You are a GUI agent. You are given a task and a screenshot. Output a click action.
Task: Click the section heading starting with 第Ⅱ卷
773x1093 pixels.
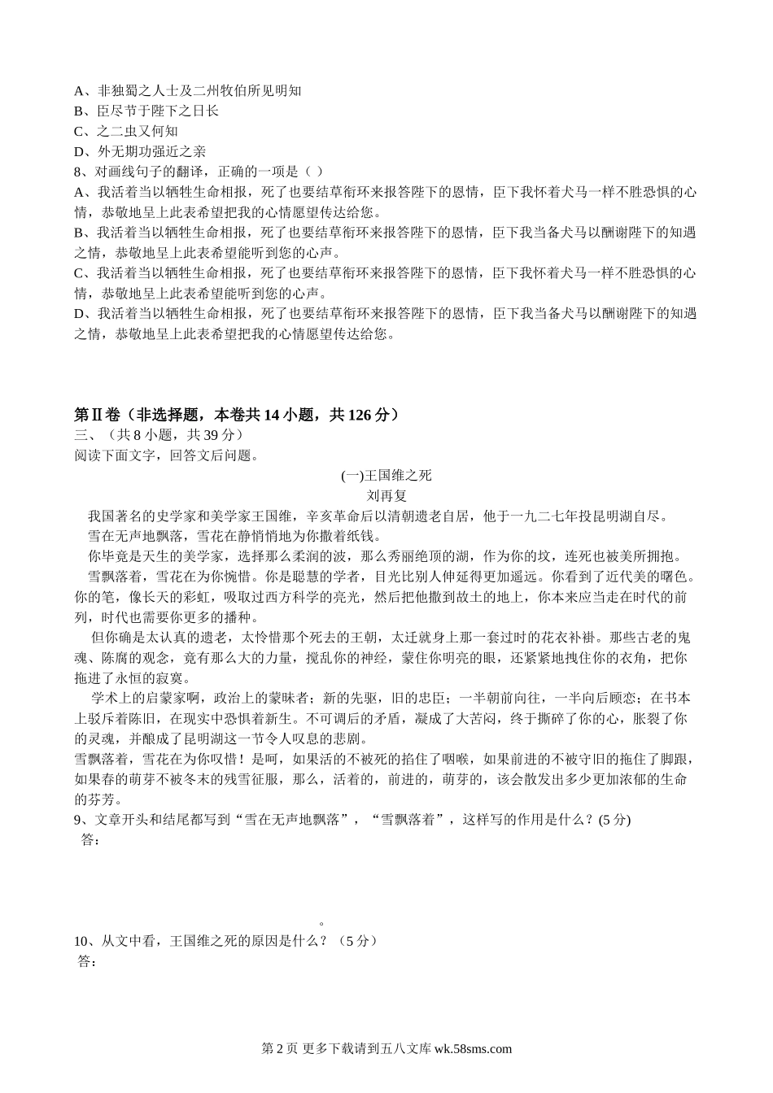237,415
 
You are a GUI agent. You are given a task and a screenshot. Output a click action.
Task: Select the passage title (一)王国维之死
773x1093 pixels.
386,476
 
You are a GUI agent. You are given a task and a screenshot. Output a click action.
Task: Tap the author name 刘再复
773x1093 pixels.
386,495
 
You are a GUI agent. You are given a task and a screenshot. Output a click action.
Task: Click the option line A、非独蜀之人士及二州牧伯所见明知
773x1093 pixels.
188,90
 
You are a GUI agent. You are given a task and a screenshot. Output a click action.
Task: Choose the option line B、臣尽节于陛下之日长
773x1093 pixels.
146,111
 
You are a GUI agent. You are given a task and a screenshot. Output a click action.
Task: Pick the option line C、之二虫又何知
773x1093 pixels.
126,131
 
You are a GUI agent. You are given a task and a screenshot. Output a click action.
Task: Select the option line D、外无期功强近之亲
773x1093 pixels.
140,151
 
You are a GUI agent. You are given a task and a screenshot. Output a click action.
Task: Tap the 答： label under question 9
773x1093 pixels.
91,839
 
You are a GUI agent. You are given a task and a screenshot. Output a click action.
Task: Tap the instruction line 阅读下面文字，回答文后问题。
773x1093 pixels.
166,455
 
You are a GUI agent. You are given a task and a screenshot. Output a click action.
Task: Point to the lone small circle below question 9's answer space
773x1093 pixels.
322,923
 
